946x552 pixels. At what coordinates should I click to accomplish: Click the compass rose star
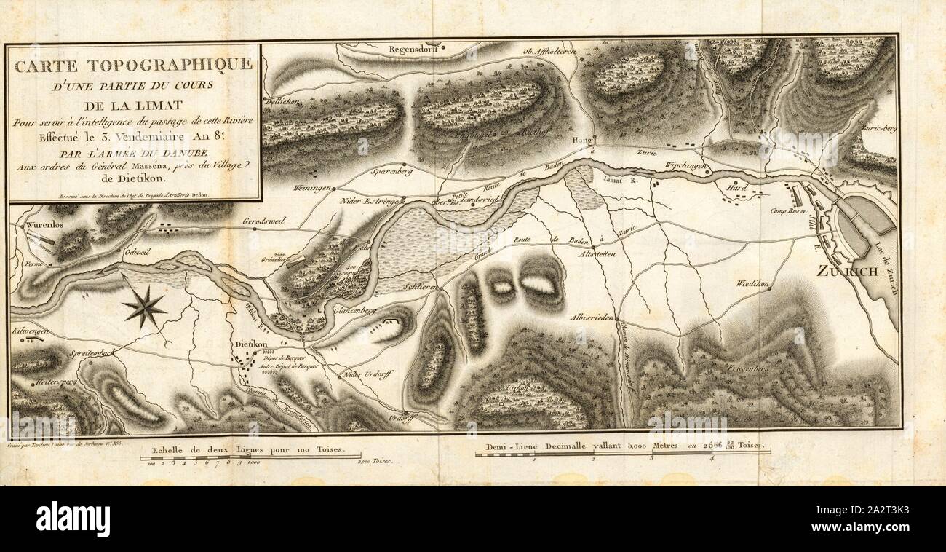point(144,307)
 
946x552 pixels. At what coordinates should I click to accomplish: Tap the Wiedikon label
point(753,282)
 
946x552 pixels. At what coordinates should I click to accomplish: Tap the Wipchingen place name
point(685,167)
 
